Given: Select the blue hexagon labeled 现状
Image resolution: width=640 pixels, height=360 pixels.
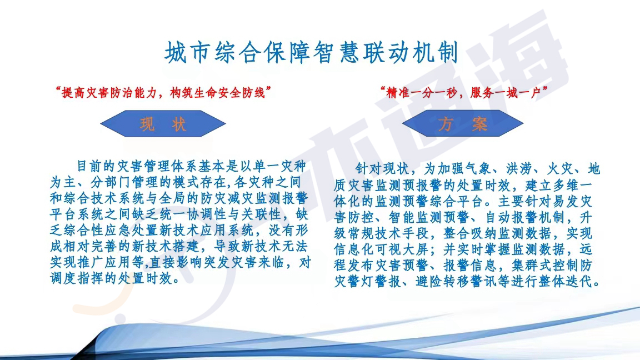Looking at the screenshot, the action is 163,124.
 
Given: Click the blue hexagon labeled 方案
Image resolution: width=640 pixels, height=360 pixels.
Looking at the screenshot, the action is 462,123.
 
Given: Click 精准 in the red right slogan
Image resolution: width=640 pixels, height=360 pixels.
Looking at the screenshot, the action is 398,93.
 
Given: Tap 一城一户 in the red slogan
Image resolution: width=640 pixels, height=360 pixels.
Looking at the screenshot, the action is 518,93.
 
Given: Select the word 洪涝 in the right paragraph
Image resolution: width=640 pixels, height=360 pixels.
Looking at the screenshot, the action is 520,168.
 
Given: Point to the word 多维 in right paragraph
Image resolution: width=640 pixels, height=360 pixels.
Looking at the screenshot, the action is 566,185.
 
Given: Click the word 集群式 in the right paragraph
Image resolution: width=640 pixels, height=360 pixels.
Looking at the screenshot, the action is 532,266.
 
